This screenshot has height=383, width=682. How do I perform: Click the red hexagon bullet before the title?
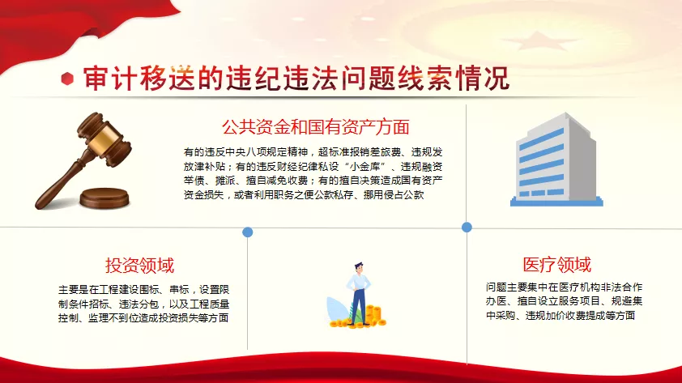click(67, 79)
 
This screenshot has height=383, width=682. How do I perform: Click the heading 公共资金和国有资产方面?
click(316, 127)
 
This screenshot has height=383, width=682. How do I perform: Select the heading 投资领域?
click(139, 266)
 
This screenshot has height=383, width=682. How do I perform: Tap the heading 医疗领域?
click(556, 264)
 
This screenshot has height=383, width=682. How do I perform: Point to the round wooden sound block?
click(104, 198)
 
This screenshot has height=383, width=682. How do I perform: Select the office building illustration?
click(556, 160)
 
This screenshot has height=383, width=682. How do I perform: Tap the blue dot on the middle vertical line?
click(248, 232)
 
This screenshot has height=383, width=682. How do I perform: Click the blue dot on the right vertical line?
click(467, 227)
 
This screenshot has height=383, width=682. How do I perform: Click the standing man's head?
click(359, 268)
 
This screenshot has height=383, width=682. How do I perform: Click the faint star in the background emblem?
click(540, 42)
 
